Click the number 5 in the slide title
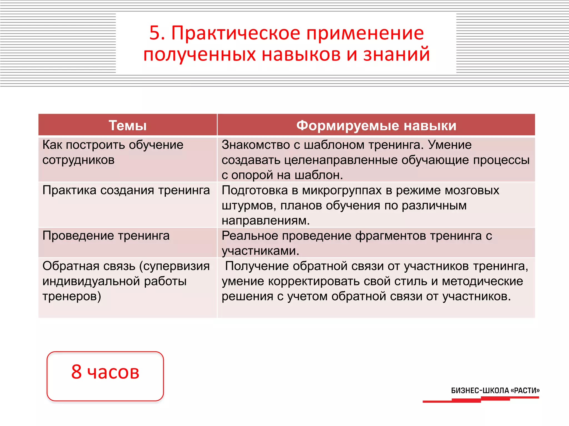[x=155, y=33]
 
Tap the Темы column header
[x=128, y=125]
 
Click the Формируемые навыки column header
[x=376, y=125]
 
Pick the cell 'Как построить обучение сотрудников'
[x=113, y=152]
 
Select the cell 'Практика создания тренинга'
[x=126, y=190]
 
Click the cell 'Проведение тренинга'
[x=106, y=236]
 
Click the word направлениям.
[x=266, y=221]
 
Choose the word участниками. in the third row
[x=260, y=251]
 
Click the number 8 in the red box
[x=76, y=372]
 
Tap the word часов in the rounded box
[x=113, y=372]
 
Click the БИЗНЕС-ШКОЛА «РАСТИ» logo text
[x=495, y=390]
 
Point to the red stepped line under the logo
[x=481, y=400]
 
